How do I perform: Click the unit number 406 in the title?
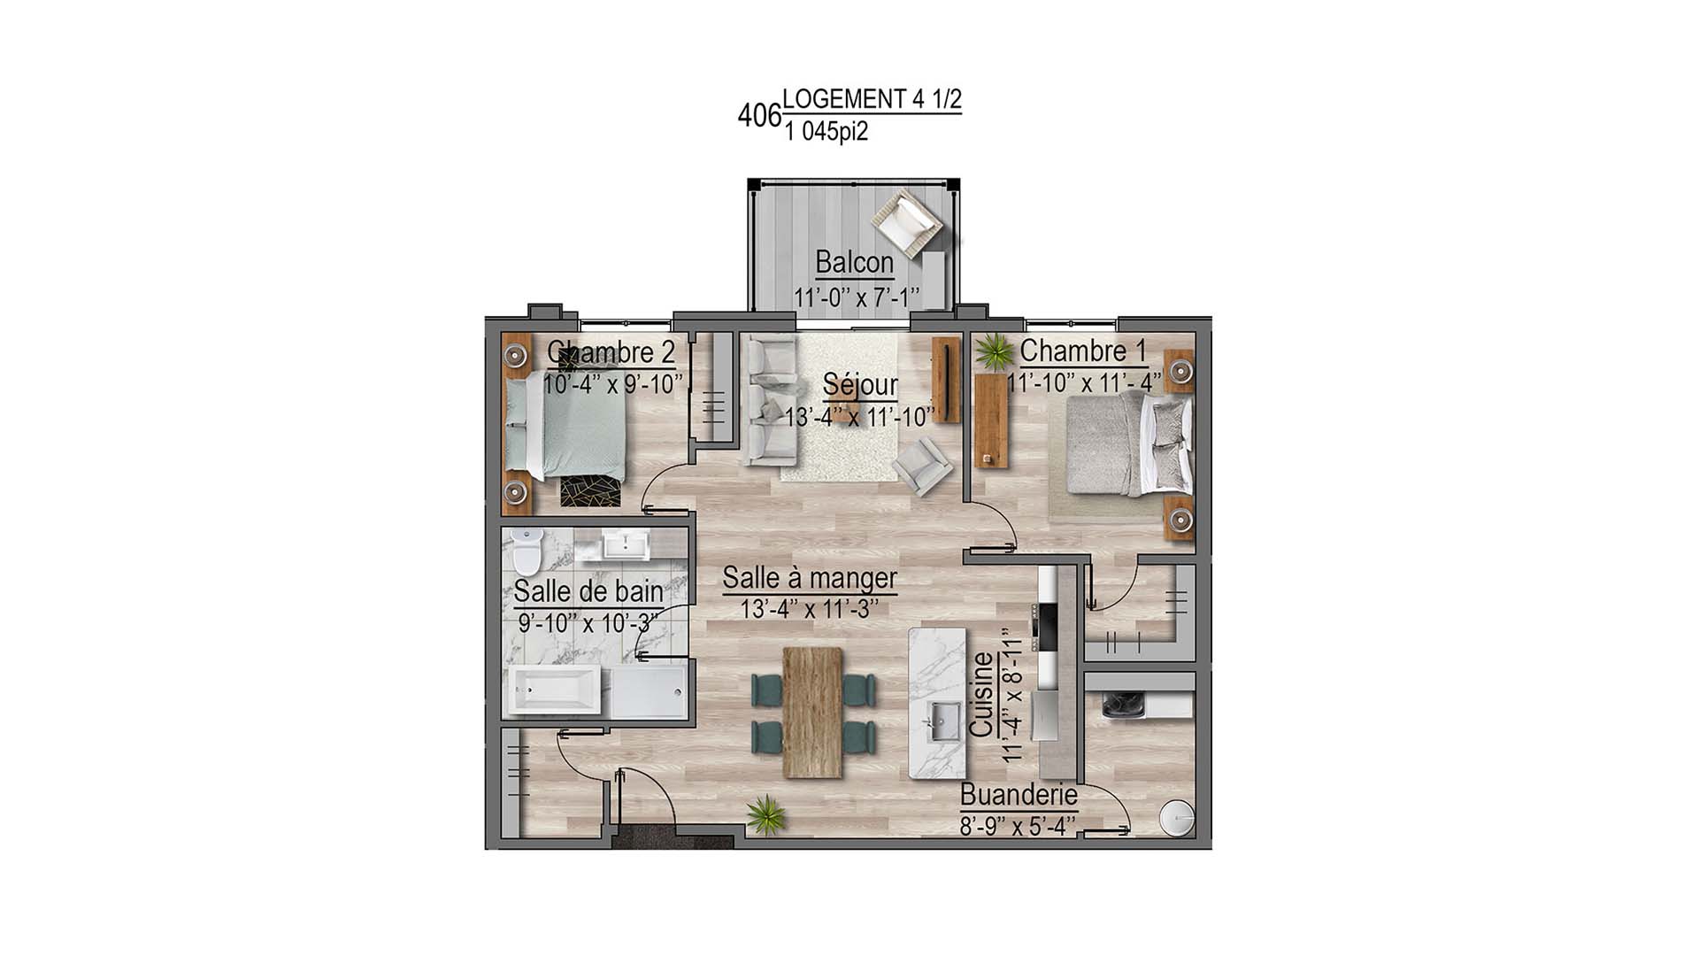[759, 116]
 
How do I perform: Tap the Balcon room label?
[854, 263]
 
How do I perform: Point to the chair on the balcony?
[905, 221]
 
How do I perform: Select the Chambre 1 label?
[1083, 351]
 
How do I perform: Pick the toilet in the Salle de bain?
[527, 550]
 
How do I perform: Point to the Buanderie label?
[1019, 795]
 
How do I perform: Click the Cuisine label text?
[981, 695]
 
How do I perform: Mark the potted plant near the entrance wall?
[765, 813]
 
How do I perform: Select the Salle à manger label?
[810, 579]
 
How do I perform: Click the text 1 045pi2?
[826, 133]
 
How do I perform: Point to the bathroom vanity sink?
[627, 544]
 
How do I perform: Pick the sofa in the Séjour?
[769, 402]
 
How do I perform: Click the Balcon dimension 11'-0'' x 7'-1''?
[856, 296]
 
